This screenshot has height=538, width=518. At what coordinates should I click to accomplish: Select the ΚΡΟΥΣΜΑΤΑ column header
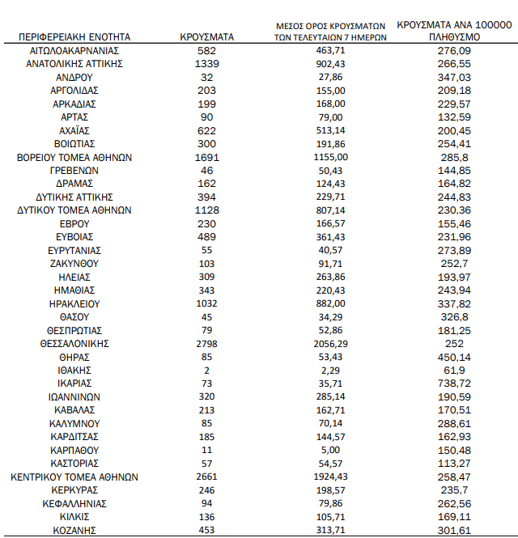(207, 36)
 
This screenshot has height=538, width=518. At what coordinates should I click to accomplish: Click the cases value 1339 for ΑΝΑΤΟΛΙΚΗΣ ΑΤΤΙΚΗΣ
(207, 63)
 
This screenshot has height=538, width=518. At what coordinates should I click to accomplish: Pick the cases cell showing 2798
(207, 343)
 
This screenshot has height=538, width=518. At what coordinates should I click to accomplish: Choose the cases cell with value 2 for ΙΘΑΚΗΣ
(207, 370)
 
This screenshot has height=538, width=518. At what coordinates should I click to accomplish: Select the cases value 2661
(207, 477)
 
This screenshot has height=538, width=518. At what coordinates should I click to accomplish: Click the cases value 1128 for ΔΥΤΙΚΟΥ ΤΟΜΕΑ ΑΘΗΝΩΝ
(207, 210)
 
